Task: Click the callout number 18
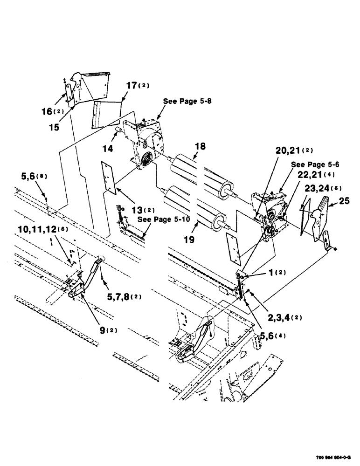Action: pos(201,147)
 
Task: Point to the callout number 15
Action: pos(55,127)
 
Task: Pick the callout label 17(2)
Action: pos(135,85)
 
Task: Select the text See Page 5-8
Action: pos(186,101)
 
